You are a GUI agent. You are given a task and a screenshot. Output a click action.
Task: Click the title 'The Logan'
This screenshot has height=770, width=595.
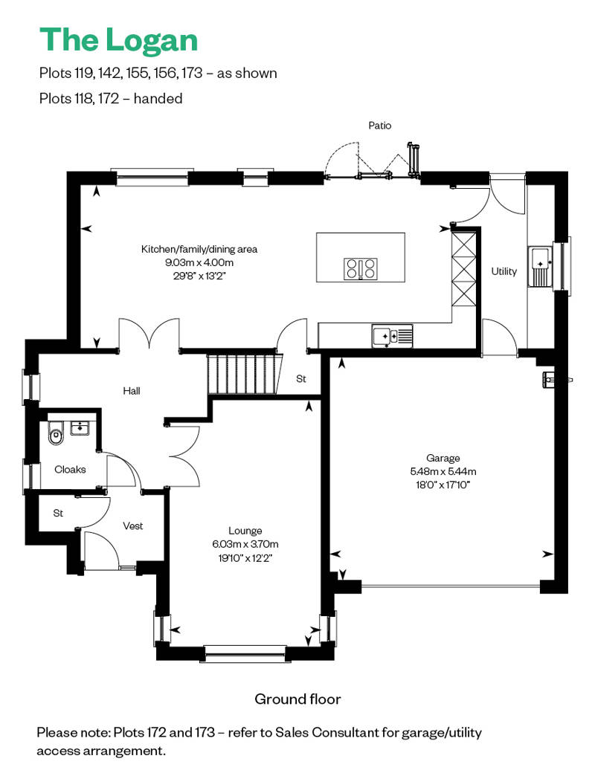pyautogui.click(x=118, y=40)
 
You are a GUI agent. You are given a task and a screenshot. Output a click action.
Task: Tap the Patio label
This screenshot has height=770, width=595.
pyautogui.click(x=380, y=126)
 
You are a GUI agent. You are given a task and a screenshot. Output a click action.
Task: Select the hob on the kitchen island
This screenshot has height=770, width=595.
pyautogui.click(x=361, y=269)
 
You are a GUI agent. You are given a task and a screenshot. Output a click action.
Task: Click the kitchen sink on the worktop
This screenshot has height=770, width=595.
pyautogui.click(x=392, y=336)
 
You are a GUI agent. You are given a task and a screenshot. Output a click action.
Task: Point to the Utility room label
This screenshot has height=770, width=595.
pyautogui.click(x=504, y=271)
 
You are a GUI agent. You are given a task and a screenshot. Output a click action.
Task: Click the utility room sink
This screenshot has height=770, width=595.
pyautogui.click(x=541, y=266)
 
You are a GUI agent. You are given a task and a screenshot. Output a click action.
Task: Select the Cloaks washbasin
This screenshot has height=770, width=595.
pyautogui.click(x=80, y=428)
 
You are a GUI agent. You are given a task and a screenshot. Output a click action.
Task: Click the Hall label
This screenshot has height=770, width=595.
pyautogui.click(x=132, y=391)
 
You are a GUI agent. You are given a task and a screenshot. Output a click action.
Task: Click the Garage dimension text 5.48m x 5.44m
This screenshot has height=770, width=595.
pyautogui.click(x=443, y=471)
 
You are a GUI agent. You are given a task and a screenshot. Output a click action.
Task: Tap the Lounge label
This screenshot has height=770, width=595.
pyautogui.click(x=245, y=531)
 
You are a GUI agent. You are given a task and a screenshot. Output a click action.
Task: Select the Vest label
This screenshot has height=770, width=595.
pyautogui.click(x=132, y=526)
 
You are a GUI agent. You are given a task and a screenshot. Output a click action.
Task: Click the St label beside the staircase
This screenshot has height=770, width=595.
pyautogui.click(x=301, y=378)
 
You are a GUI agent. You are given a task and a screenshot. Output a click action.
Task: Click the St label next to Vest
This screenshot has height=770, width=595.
pyautogui.click(x=58, y=513)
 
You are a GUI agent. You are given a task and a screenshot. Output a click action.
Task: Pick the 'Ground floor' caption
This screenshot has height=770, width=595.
pyautogui.click(x=297, y=699)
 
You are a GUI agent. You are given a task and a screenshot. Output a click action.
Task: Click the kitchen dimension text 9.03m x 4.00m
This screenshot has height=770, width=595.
pyautogui.click(x=199, y=262)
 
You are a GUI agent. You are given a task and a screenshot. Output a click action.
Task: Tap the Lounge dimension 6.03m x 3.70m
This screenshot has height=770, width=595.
pyautogui.click(x=245, y=544)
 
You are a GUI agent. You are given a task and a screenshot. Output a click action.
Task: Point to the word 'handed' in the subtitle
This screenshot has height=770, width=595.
pyautogui.click(x=158, y=99)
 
